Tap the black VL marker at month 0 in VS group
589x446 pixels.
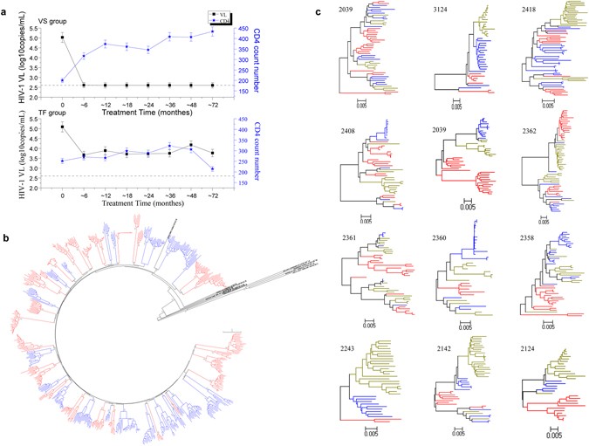point(62,38)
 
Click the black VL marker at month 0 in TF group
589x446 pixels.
point(62,127)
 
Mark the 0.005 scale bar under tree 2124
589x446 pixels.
point(549,430)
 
